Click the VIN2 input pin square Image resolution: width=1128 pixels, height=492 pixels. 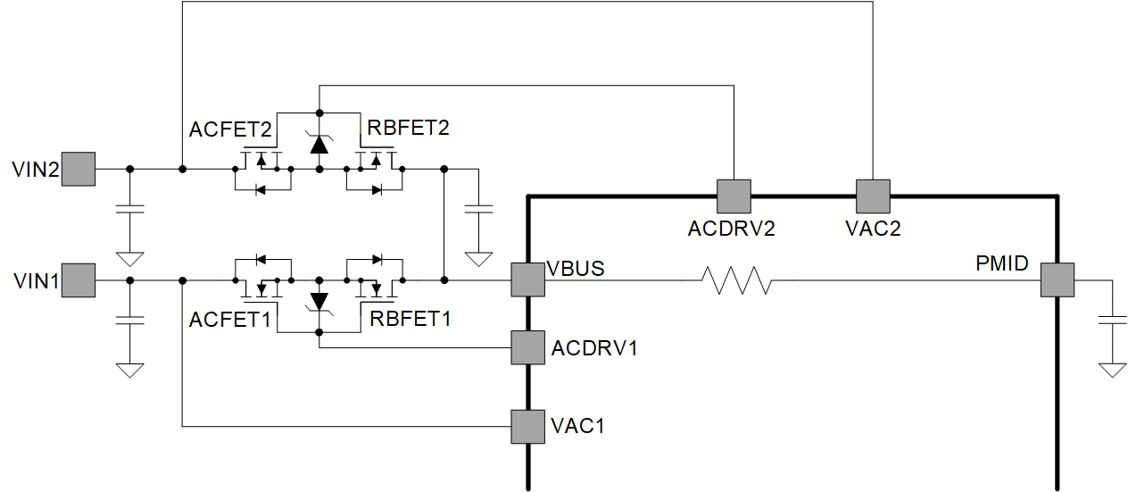pyautogui.click(x=79, y=169)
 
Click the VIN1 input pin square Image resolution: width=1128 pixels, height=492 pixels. pyautogui.click(x=79, y=280)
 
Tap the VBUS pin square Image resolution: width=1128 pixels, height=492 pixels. pyautogui.click(x=527, y=280)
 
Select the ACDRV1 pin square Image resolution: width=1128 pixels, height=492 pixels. pyautogui.click(x=527, y=347)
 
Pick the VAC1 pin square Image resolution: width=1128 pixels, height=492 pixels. pyautogui.click(x=527, y=426)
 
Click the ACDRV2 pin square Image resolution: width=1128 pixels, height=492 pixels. pyautogui.click(x=734, y=196)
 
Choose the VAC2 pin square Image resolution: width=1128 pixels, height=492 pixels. pyautogui.click(x=873, y=196)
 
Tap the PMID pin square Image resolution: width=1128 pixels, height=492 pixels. pyautogui.click(x=1057, y=280)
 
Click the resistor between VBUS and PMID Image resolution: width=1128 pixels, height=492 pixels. pyautogui.click(x=736, y=280)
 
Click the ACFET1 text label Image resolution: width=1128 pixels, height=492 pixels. pyautogui.click(x=230, y=319)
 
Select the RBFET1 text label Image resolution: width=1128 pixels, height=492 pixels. pyautogui.click(x=410, y=319)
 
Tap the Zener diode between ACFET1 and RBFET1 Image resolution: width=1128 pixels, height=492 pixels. pyautogui.click(x=319, y=303)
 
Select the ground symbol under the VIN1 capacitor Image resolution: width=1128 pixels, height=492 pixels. pyautogui.click(x=130, y=370)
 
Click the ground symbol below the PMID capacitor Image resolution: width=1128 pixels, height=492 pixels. pyautogui.click(x=1112, y=370)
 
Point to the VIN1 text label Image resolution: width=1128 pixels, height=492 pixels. pyautogui.click(x=36, y=282)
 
